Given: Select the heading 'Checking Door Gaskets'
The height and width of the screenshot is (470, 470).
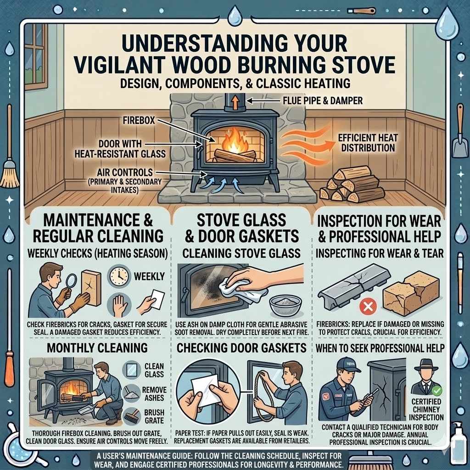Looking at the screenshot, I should tap(242, 347).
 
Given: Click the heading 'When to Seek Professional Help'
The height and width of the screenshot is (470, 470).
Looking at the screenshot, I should tap(380, 348).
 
